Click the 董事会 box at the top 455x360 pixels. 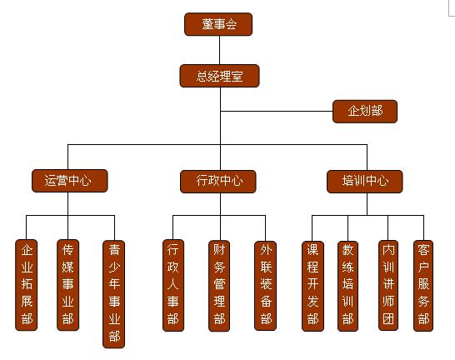(x=218, y=24)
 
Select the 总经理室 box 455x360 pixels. (x=219, y=76)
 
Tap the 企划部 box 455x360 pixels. (x=365, y=112)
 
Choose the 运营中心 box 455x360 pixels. (x=70, y=181)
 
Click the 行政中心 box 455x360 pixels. (x=218, y=182)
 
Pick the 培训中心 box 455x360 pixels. (x=364, y=182)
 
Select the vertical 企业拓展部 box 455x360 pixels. (x=27, y=285)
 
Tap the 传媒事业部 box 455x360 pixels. (x=67, y=285)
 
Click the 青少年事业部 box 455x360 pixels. (x=114, y=294)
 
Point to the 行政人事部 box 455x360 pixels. (x=173, y=286)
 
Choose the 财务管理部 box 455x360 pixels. (x=219, y=286)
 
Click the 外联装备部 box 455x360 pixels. (x=265, y=286)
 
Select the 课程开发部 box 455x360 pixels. (x=312, y=286)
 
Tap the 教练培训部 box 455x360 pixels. (x=348, y=286)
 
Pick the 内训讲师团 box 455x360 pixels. (x=388, y=286)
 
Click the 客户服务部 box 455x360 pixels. (x=423, y=286)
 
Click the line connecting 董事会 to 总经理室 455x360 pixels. (x=219, y=50)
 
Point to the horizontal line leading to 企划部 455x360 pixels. (x=277, y=111)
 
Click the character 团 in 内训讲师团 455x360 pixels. (x=388, y=319)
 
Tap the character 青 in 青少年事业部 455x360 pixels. (x=114, y=249)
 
